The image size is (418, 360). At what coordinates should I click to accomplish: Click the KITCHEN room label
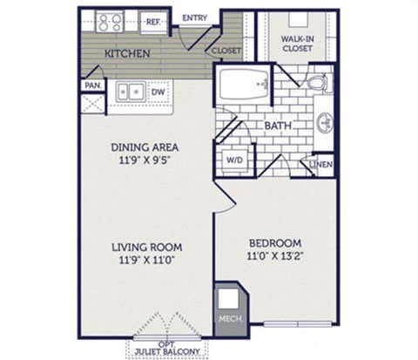(x=129, y=54)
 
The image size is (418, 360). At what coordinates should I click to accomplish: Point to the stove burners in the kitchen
(x=113, y=21)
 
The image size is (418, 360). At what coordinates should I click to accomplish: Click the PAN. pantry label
(x=91, y=85)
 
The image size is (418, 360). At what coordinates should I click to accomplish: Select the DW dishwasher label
(x=158, y=90)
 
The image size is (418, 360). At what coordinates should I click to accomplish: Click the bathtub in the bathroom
(x=244, y=85)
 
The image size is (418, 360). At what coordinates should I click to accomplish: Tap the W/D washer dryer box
(x=235, y=160)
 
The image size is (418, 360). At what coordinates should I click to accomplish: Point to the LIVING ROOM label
(x=145, y=246)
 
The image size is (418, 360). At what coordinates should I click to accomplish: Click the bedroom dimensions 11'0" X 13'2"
(x=274, y=256)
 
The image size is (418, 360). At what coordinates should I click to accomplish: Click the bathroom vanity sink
(x=325, y=122)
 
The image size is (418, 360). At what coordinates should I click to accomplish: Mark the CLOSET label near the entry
(x=227, y=51)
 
